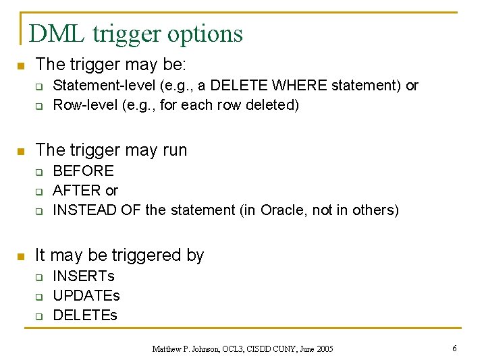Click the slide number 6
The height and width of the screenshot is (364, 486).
pos(454,348)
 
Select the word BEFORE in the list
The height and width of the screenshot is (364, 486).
pos(83,171)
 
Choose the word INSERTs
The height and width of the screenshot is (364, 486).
pos(84,276)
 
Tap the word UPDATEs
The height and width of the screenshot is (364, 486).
pos(86,295)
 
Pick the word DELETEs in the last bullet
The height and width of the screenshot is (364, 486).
pos(85,315)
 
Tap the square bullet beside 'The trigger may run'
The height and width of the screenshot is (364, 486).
pos(21,150)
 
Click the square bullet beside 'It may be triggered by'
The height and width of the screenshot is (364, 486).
pos(21,255)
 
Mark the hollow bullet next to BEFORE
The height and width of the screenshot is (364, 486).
pos(39,172)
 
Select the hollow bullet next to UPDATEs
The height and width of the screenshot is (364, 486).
pos(39,296)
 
